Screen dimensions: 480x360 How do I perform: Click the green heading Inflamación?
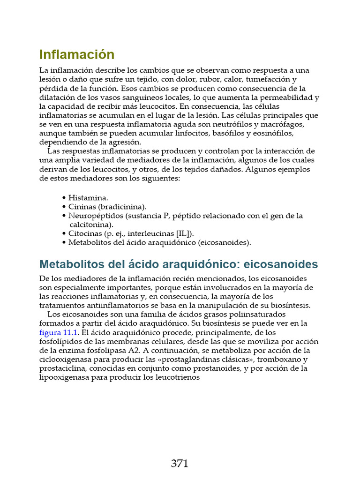(77, 54)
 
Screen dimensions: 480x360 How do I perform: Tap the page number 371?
(180, 464)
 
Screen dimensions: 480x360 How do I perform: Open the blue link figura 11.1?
(59, 332)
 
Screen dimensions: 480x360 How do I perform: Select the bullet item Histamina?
(88, 198)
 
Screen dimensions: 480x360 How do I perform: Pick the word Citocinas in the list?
(83, 233)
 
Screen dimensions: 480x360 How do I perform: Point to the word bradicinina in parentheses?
(123, 207)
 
